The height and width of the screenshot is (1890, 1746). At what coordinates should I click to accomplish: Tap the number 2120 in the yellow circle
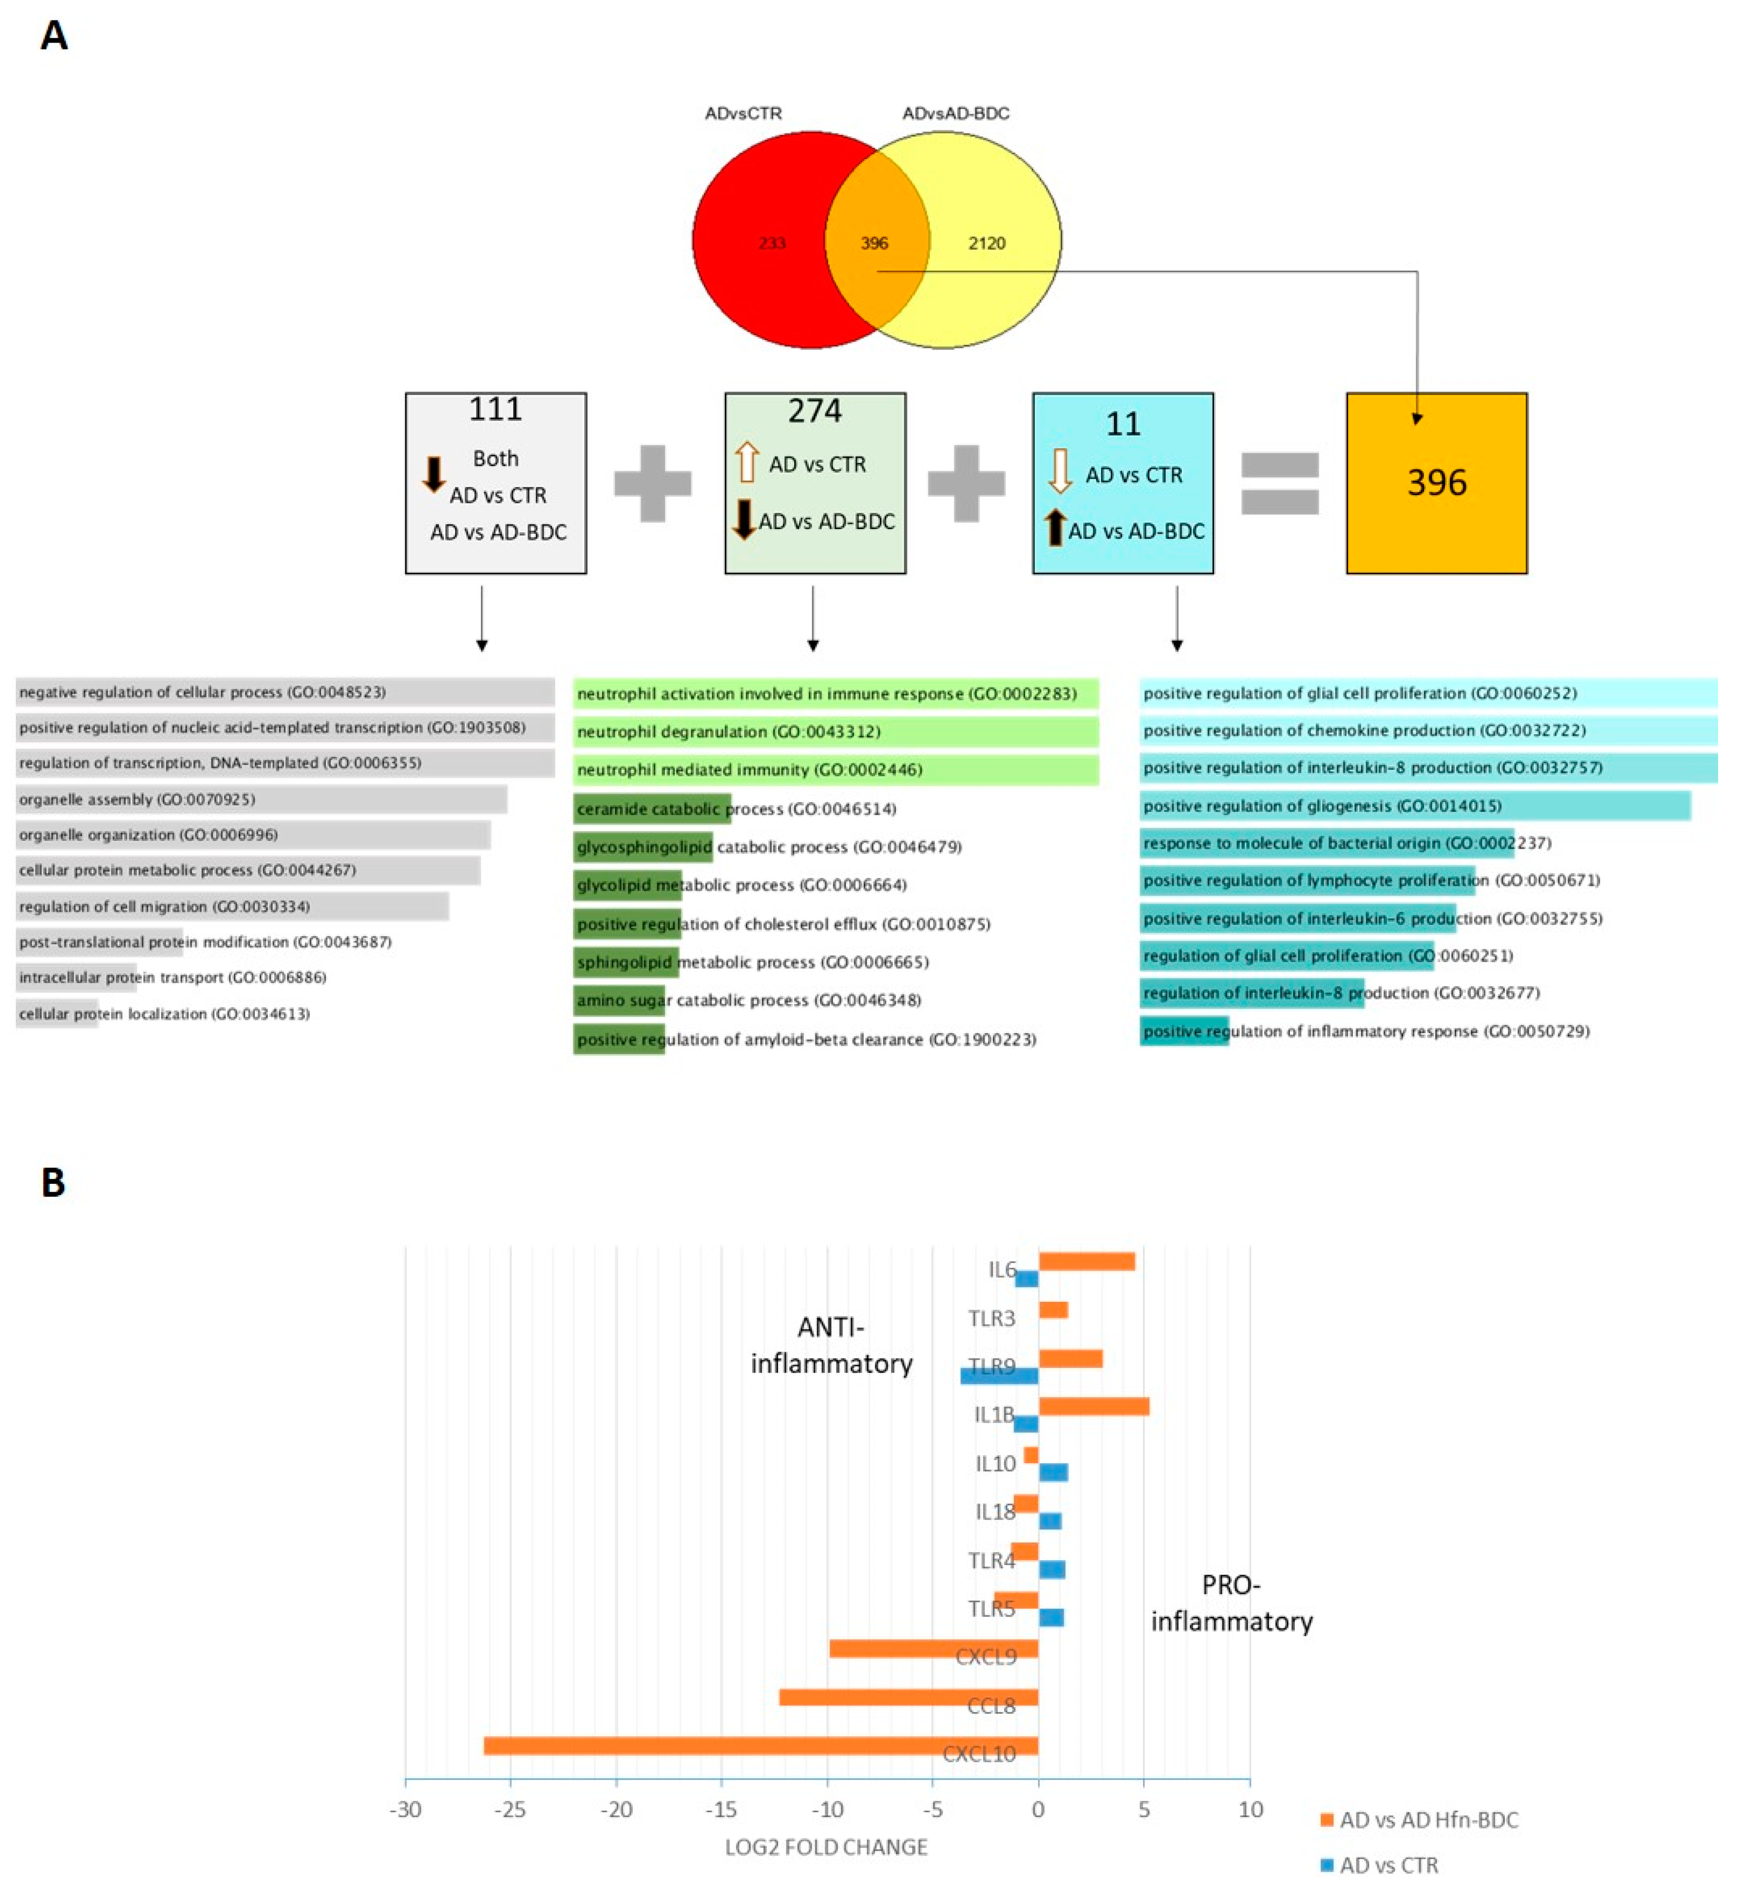point(987,243)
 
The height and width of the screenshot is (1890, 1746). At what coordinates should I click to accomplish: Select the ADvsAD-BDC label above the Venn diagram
point(955,114)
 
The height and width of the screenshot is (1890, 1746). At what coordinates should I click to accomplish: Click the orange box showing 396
point(1436,483)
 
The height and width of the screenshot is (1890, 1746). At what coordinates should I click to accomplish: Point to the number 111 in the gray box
point(495,409)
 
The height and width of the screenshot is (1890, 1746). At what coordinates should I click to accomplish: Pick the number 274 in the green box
point(814,411)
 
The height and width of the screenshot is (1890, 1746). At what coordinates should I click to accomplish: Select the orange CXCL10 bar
point(760,1746)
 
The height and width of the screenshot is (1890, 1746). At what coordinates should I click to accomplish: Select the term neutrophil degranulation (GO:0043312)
point(729,732)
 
